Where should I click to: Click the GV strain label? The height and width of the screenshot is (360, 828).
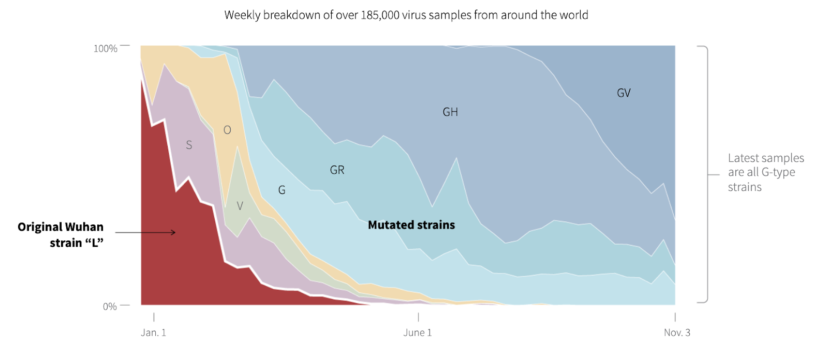(x=624, y=93)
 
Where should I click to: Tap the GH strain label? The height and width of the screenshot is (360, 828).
(x=450, y=112)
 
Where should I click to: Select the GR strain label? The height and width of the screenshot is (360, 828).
(x=337, y=170)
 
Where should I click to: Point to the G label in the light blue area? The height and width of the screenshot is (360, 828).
(x=282, y=190)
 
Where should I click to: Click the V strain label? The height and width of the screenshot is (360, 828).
(x=240, y=206)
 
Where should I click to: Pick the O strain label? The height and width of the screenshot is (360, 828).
(x=227, y=130)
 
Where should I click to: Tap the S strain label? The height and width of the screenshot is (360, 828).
(x=189, y=145)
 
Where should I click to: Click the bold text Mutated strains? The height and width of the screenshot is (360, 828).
(x=411, y=225)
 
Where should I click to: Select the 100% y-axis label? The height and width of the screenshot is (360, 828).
(x=105, y=49)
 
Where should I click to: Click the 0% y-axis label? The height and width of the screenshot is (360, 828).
(x=110, y=307)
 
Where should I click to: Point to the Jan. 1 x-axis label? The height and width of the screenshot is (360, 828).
(x=153, y=333)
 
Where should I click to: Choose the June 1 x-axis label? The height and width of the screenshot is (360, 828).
(x=418, y=333)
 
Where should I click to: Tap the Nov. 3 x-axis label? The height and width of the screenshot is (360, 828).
(x=677, y=333)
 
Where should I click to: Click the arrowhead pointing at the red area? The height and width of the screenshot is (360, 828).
(x=173, y=233)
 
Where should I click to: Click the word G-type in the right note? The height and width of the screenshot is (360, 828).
(x=778, y=172)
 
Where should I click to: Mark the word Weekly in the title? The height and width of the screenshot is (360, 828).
(x=242, y=15)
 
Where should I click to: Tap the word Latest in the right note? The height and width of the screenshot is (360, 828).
(x=744, y=158)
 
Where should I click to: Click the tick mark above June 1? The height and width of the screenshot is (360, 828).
(x=418, y=317)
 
